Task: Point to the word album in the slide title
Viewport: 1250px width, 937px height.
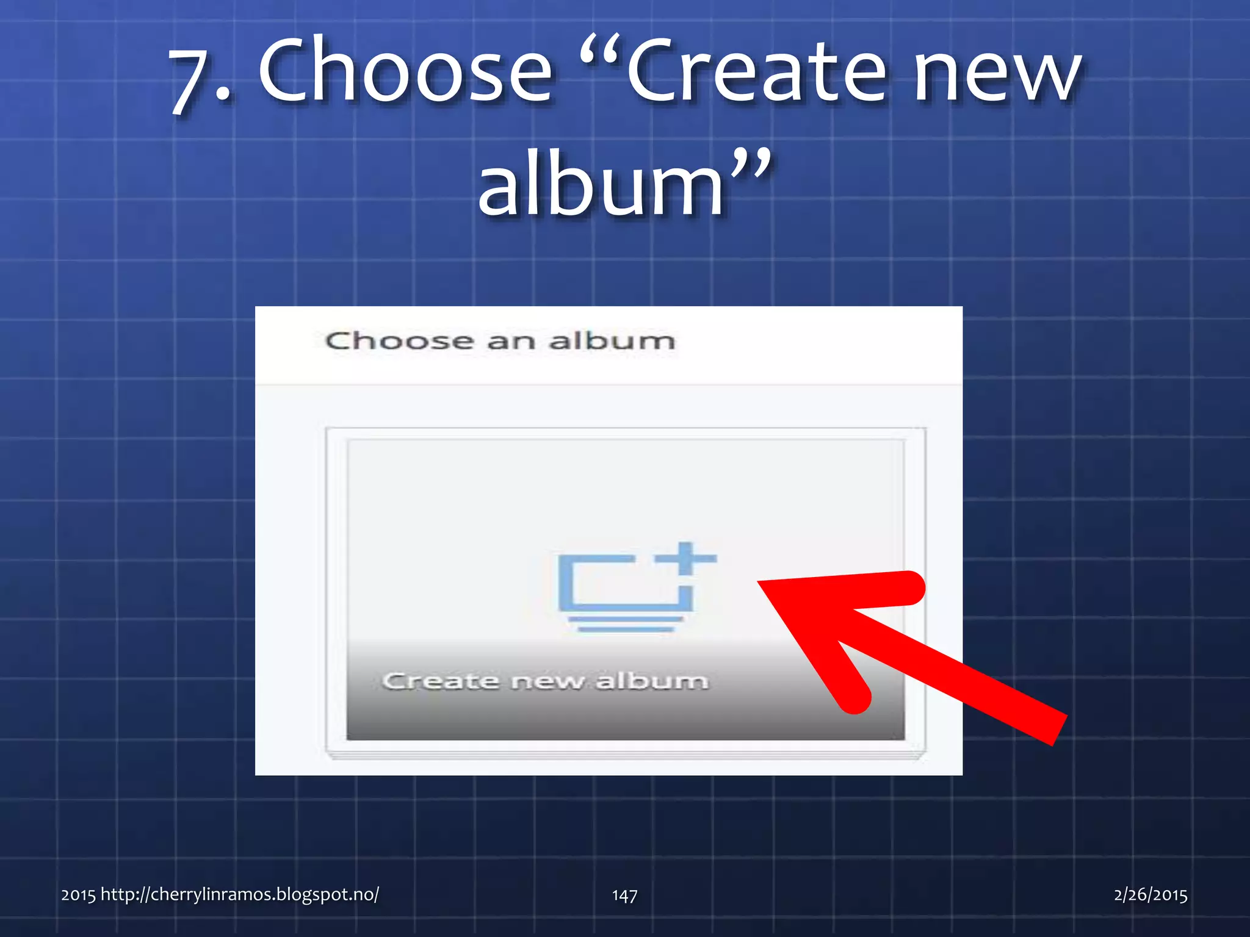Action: (601, 184)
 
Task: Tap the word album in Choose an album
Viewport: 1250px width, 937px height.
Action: (612, 341)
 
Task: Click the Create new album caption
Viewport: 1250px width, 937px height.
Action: (545, 680)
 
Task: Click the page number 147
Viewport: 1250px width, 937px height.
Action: (624, 895)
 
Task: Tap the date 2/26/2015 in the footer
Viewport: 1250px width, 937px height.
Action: (1150, 894)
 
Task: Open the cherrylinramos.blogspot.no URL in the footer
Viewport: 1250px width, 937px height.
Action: (239, 894)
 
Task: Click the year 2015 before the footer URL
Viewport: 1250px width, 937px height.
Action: (78, 895)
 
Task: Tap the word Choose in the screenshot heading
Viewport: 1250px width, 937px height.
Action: (399, 341)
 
